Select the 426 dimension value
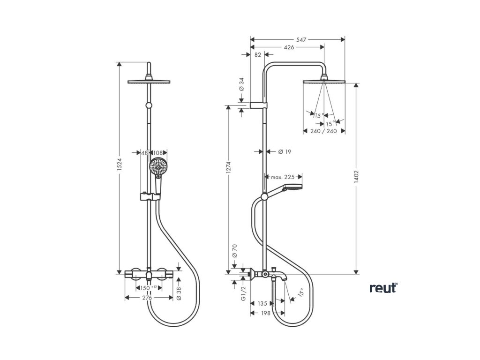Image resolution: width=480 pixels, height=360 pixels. tap(288, 47)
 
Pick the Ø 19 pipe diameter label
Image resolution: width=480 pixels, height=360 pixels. tap(285, 151)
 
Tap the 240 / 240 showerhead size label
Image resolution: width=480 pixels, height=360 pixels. tap(324, 131)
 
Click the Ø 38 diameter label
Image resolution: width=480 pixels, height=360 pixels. tap(179, 292)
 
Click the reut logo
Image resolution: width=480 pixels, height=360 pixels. tap(383, 288)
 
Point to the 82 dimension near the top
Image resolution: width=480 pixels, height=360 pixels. tap(258, 55)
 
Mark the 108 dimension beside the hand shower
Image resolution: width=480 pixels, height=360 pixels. tap(158, 153)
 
